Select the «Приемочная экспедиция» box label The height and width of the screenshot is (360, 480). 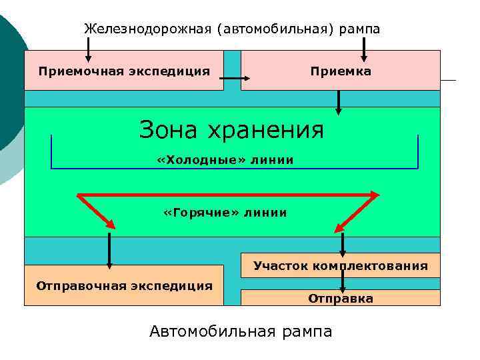pyautogui.click(x=124, y=71)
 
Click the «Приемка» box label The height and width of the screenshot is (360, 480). pyautogui.click(x=341, y=71)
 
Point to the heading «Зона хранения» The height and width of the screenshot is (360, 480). pyautogui.click(x=231, y=129)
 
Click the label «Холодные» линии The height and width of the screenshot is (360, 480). pyautogui.click(x=225, y=160)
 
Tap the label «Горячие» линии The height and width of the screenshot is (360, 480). pyautogui.click(x=225, y=213)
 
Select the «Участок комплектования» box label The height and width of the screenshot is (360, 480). pyautogui.click(x=341, y=266)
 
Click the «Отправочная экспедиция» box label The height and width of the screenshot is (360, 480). pyautogui.click(x=125, y=286)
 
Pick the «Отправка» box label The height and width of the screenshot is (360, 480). pyautogui.click(x=341, y=299)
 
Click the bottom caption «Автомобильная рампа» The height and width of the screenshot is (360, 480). pyautogui.click(x=241, y=331)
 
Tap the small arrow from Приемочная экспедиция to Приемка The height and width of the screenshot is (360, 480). pyautogui.click(x=234, y=79)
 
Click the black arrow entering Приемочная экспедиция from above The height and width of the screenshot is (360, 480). pyautogui.click(x=89, y=50)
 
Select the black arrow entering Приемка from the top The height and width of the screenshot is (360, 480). pyautogui.click(x=363, y=50)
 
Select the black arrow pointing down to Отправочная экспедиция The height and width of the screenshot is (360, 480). pyautogui.click(x=109, y=249)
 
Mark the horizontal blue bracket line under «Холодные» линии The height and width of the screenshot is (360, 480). pyautogui.click(x=234, y=168)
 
